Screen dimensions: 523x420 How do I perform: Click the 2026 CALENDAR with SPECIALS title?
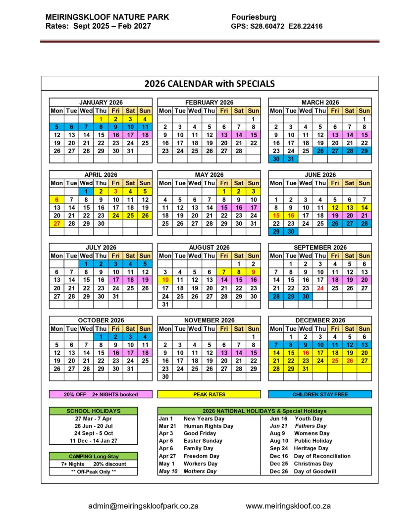(209, 83)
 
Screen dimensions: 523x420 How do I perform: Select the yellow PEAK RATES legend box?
(209, 394)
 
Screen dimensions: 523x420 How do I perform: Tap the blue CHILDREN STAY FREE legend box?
(320, 394)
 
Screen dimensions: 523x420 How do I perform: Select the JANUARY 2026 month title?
(101, 103)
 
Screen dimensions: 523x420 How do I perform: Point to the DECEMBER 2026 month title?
(320, 320)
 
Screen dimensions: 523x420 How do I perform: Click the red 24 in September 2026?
(320, 288)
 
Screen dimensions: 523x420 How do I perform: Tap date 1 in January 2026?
(101, 119)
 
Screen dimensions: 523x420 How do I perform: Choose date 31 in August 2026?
(165, 304)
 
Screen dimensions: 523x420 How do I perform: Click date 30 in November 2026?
(165, 377)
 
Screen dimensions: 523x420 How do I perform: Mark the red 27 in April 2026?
(57, 223)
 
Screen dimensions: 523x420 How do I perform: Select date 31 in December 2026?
(306, 369)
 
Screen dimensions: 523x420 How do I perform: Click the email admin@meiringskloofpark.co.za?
(143, 506)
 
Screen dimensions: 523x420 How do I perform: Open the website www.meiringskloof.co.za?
(288, 506)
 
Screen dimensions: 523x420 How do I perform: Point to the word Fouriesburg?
(254, 17)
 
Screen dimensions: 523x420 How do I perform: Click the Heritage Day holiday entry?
(311, 448)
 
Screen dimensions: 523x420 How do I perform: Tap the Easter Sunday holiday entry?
(203, 441)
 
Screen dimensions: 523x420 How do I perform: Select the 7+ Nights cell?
(73, 464)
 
